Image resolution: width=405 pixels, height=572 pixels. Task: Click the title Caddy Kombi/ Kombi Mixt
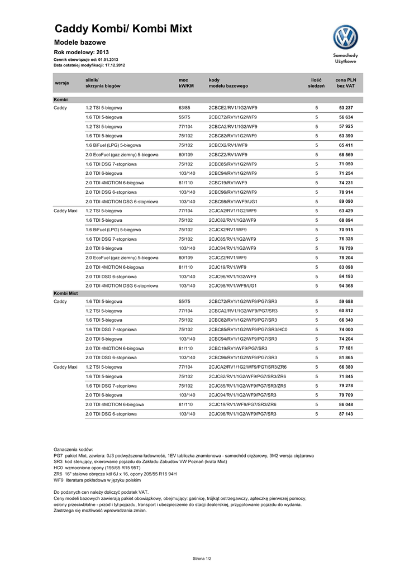pyautogui.click(x=123, y=28)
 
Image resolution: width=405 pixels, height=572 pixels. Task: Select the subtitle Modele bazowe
pyautogui.click(x=80, y=42)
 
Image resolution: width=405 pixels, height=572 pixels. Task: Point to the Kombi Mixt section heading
pyautogui.click(x=66, y=293)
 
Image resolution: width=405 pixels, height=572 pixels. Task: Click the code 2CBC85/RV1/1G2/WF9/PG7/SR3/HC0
pyautogui.click(x=247, y=330)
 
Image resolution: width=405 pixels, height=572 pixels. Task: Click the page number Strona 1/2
pyautogui.click(x=202, y=557)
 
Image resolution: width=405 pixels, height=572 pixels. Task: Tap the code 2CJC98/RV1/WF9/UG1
pyautogui.click(x=233, y=285)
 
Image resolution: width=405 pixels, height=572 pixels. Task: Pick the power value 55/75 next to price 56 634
pyautogui.click(x=184, y=117)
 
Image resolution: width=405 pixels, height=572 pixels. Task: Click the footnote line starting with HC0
pyautogui.click(x=97, y=468)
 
